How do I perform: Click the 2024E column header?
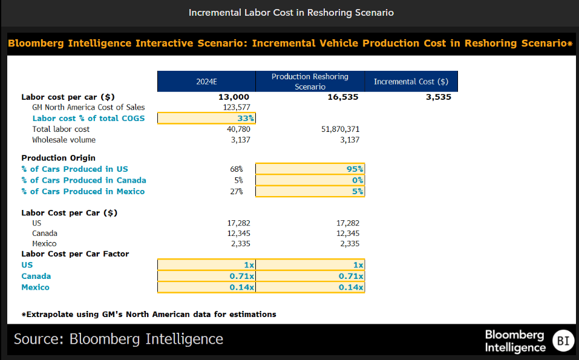tap(206, 82)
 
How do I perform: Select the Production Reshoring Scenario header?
tap(310, 82)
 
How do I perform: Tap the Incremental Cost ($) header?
tap(411, 82)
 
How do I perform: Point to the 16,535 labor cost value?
tap(343, 97)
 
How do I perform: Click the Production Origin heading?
tap(58, 158)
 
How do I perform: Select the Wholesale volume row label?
tap(64, 140)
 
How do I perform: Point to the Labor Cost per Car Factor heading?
tap(75, 254)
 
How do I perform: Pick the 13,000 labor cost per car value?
tap(234, 97)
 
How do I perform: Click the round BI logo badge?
tap(563, 341)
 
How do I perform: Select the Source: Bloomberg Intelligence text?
tap(119, 339)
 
